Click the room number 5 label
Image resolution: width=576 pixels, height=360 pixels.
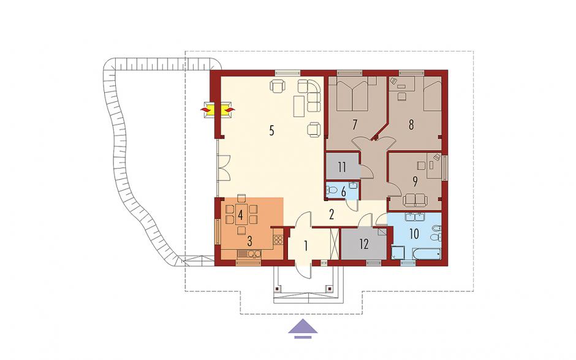click(x=271, y=131)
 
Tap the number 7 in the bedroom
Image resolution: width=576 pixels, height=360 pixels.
click(x=355, y=124)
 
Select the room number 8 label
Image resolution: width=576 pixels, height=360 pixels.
click(x=411, y=124)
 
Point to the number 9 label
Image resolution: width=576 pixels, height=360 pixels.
click(x=415, y=182)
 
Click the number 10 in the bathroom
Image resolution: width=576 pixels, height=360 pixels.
click(x=414, y=234)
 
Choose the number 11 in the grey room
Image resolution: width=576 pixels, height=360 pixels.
click(x=342, y=167)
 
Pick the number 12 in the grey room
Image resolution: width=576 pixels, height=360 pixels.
click(x=364, y=244)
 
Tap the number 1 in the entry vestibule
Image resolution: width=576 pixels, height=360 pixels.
click(x=306, y=246)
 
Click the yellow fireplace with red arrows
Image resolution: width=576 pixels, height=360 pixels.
click(x=218, y=110)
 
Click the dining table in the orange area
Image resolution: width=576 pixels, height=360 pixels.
click(x=241, y=215)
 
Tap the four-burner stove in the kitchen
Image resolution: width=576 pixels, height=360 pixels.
click(x=278, y=240)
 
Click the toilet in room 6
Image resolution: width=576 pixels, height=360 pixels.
click(x=331, y=190)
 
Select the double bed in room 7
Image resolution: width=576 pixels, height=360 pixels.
click(x=353, y=94)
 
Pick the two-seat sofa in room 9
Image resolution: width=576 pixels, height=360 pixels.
click(x=415, y=201)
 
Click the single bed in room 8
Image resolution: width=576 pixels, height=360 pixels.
click(x=433, y=94)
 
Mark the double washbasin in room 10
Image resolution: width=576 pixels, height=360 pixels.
click(x=415, y=217)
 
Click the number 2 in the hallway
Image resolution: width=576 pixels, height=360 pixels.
click(x=332, y=215)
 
